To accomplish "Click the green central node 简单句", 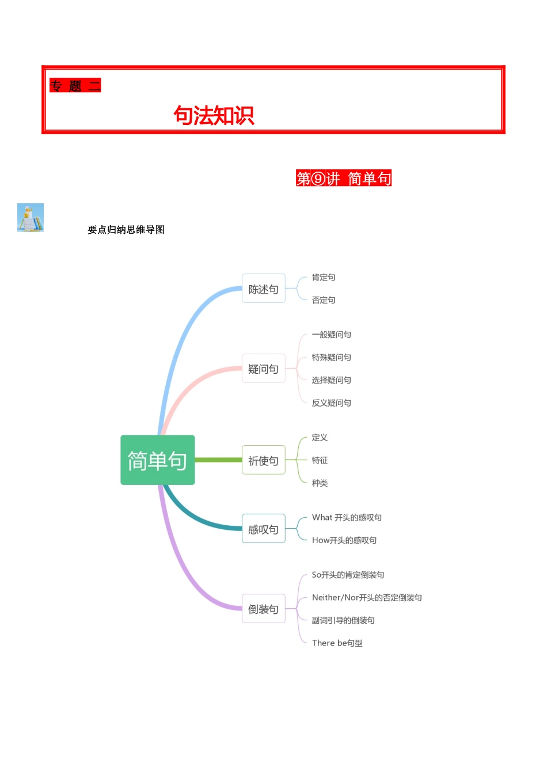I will [157, 460].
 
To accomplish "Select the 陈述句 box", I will [263, 289].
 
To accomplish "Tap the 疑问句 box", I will [263, 369].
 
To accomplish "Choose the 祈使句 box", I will [263, 460].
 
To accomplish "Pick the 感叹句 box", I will [263, 529].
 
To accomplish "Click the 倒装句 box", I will [263, 609].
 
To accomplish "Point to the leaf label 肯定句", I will [324, 278].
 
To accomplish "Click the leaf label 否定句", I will [324, 300].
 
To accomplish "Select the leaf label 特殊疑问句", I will [331, 358].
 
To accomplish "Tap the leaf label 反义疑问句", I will [331, 403].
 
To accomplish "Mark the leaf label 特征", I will [320, 460].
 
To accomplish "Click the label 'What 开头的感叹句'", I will [347, 518].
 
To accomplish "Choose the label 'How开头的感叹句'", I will [344, 540].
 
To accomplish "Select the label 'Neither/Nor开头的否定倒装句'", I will [367, 598].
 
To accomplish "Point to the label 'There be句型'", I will [337, 643].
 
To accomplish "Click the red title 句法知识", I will [214, 115].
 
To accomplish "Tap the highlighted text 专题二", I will [75, 86].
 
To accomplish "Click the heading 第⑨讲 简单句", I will [344, 179].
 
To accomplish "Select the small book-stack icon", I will [31, 218].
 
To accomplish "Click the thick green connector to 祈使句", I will [218, 460].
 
